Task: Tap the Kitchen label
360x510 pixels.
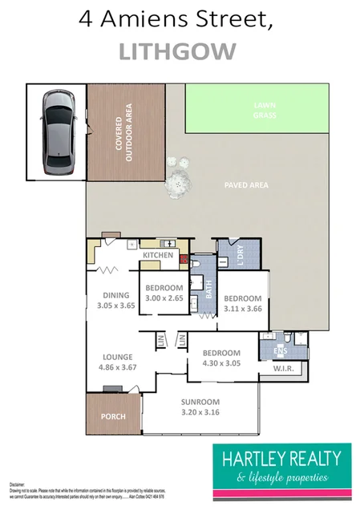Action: (158, 255)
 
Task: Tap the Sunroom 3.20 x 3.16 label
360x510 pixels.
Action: (199, 409)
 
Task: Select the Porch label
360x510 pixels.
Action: (112, 417)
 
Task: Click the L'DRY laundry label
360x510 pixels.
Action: (241, 253)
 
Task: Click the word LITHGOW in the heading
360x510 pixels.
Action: (178, 51)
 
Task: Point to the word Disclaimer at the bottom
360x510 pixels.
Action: (18, 485)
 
